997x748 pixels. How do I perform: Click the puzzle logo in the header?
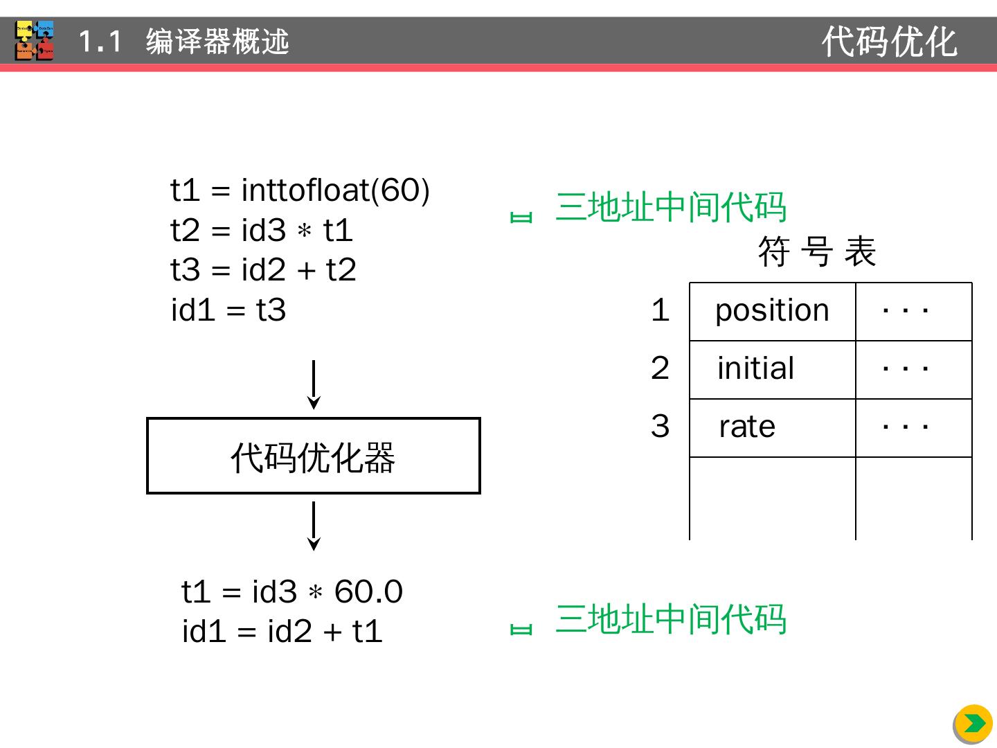[x=35, y=40]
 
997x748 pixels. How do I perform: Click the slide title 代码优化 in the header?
[x=889, y=42]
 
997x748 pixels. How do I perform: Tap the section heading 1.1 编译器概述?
[x=183, y=42]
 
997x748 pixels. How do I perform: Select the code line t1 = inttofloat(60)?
[x=300, y=190]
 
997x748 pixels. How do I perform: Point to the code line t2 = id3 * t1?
[x=262, y=230]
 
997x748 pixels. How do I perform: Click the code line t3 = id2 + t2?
[x=263, y=269]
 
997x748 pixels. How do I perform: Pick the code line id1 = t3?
[x=228, y=310]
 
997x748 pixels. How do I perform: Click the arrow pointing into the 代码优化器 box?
[x=314, y=384]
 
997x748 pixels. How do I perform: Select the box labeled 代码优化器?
[x=314, y=456]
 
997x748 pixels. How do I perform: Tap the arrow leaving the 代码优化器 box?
[x=314, y=526]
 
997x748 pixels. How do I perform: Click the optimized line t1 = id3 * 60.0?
[x=291, y=591]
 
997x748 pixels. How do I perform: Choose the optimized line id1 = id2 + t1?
[x=282, y=631]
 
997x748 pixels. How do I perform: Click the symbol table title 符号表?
[x=817, y=251]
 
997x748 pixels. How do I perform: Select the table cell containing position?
[x=772, y=311]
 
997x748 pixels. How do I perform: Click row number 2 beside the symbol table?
[x=660, y=368]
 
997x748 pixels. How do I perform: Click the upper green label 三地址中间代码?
[x=670, y=207]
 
